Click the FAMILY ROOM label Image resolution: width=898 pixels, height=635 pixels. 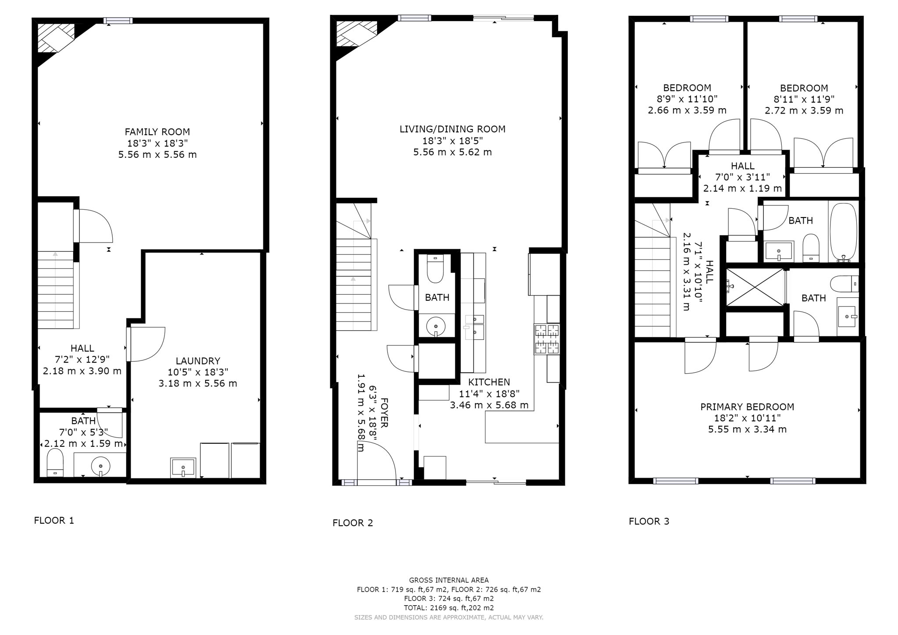point(157,132)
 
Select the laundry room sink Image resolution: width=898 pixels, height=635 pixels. point(183,467)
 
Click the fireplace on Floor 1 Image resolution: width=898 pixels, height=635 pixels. point(55,38)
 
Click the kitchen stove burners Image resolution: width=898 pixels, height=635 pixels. point(547,339)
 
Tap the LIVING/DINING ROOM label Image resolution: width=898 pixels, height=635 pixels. point(452,129)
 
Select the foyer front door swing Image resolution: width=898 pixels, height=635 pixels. point(377,460)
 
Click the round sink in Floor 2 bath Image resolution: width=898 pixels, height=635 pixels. point(435,326)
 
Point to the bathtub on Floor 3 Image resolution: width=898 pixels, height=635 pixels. point(842,232)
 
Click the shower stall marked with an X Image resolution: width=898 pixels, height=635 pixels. point(755,287)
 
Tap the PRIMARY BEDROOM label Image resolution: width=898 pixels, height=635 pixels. point(747,407)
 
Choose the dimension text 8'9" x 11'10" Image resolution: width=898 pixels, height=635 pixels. point(687,99)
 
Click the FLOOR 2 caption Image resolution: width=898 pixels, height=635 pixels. point(353,523)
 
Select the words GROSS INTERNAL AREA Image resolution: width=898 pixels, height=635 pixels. point(449,580)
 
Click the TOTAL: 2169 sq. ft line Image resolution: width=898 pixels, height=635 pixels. point(449,608)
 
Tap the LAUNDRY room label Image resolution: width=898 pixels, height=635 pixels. point(198,360)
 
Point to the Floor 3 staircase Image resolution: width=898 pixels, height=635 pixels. point(652,285)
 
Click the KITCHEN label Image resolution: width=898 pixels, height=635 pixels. point(489,382)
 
